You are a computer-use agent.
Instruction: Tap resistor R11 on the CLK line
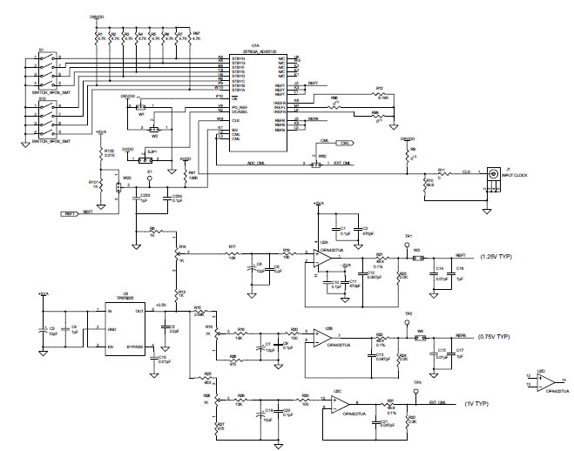point(442,173)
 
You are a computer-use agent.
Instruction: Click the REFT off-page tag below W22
point(70,212)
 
